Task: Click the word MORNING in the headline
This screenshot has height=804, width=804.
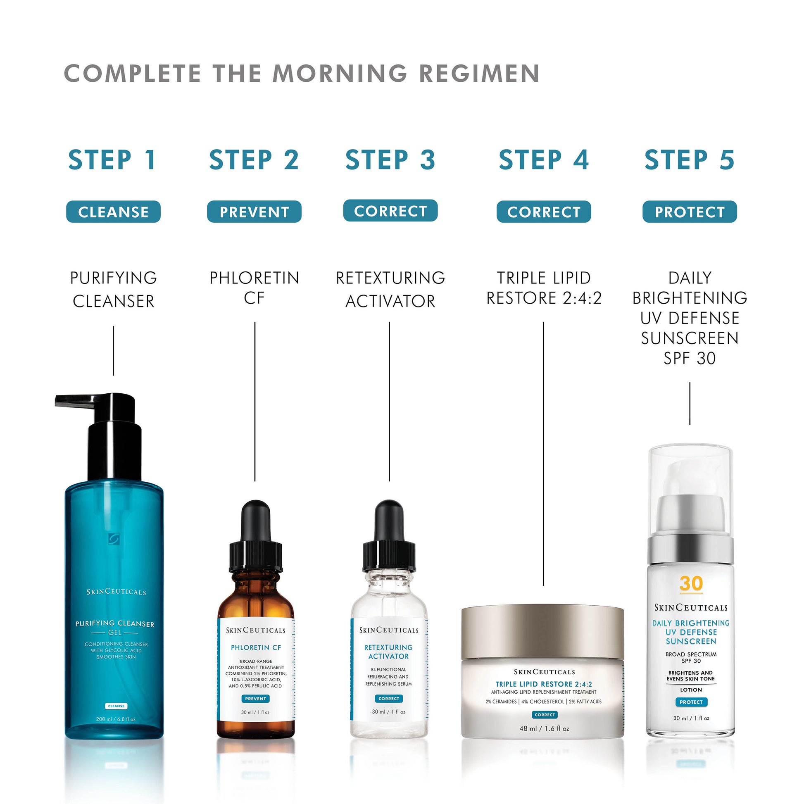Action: tap(340, 74)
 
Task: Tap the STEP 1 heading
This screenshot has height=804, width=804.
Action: tap(112, 160)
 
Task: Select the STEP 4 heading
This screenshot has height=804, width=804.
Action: tap(543, 160)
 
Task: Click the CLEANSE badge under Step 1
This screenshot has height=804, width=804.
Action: tap(113, 212)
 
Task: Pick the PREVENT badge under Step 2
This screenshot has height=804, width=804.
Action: tap(254, 212)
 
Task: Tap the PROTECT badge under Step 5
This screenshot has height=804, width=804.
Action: tap(690, 212)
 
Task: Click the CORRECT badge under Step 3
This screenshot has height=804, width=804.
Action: tap(390, 211)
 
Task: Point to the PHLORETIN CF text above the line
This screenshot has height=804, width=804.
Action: tap(254, 288)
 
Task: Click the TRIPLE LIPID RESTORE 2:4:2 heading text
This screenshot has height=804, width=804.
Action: tap(544, 288)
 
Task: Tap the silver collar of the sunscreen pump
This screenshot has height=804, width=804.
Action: tap(690, 549)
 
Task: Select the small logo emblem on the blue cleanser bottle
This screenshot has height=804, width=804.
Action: tap(113, 538)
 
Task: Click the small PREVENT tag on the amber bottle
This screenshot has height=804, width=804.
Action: tap(255, 699)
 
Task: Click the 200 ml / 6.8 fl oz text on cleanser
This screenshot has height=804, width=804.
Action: tap(116, 719)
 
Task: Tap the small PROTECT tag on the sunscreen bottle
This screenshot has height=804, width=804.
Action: tap(691, 702)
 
